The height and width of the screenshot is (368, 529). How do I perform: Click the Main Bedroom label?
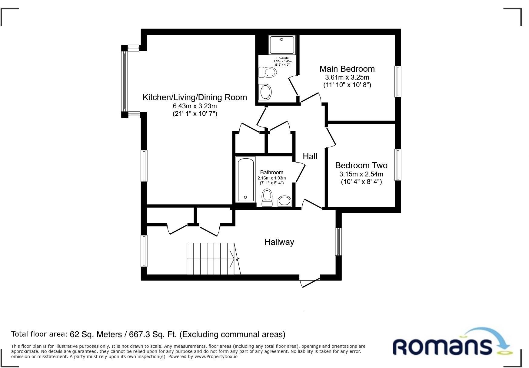click(347, 69)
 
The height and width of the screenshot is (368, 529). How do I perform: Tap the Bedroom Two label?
click(361, 166)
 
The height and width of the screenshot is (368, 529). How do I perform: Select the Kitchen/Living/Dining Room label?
click(195, 97)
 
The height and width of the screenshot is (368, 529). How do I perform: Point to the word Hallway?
click(279, 242)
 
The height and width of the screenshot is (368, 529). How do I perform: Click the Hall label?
click(310, 156)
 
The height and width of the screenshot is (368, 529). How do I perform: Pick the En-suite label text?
click(282, 58)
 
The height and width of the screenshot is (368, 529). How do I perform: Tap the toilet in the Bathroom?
click(267, 198)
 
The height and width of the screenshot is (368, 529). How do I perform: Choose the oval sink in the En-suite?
click(265, 92)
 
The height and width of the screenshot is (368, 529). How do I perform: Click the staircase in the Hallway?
click(213, 259)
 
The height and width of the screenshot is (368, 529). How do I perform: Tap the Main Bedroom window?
click(398, 81)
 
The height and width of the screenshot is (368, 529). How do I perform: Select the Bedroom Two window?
click(398, 165)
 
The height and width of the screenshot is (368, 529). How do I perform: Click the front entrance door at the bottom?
click(310, 281)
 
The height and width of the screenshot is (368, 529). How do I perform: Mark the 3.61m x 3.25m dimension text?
click(347, 77)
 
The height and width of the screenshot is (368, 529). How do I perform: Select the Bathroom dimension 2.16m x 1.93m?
click(272, 178)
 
